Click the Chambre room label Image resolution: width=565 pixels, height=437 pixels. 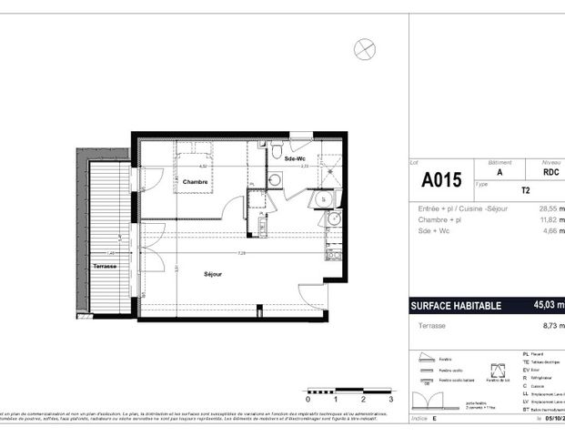(195, 182)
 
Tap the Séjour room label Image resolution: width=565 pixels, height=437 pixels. (213, 273)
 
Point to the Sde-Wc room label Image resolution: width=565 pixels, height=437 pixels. (294, 158)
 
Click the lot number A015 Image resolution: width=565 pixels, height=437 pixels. (441, 179)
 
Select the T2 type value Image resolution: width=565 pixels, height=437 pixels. (526, 192)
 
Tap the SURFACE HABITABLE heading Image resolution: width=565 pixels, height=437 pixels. (457, 306)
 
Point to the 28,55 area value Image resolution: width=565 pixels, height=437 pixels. (549, 208)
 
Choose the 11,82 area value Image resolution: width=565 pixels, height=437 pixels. (549, 219)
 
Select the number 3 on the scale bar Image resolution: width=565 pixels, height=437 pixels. (389, 399)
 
